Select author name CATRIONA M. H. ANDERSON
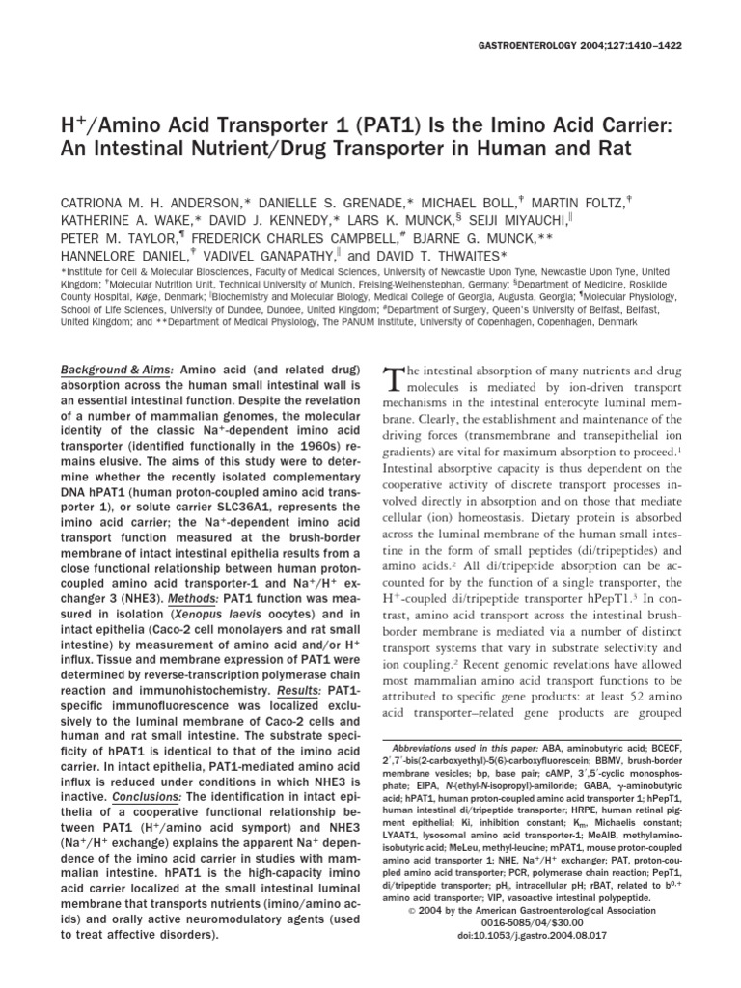158,176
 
